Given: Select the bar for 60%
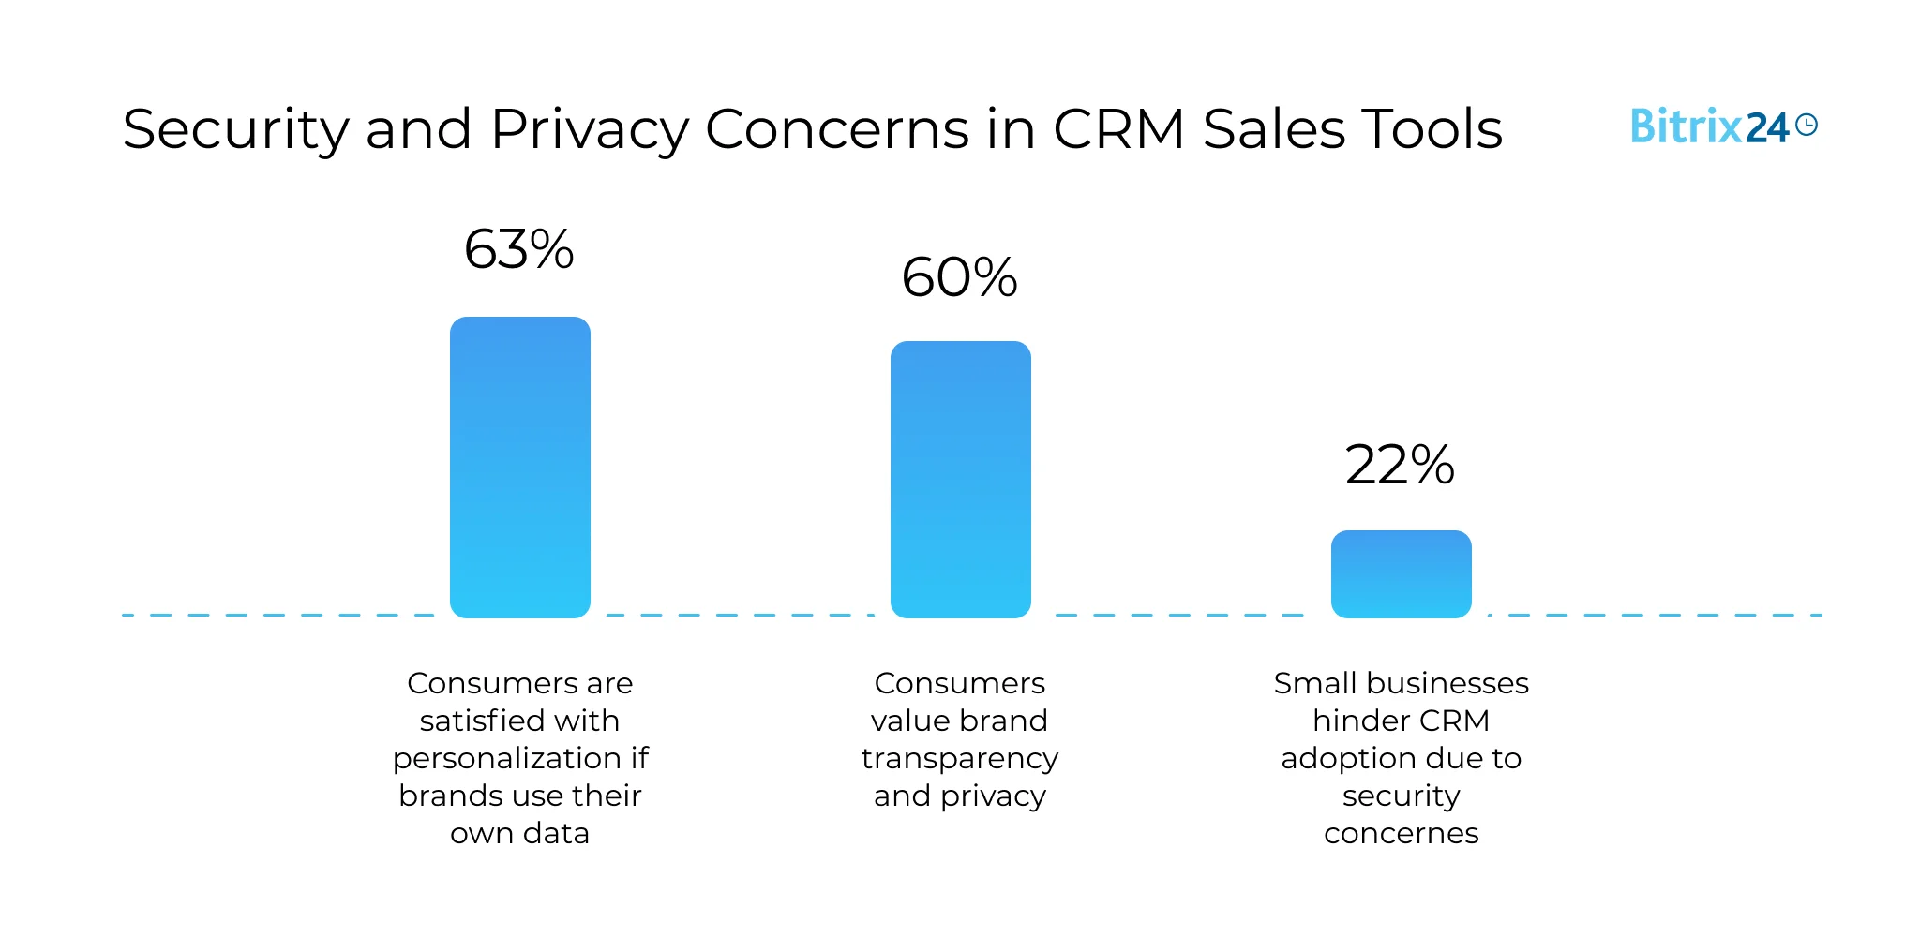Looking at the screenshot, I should [960, 479].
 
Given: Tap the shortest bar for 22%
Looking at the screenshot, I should [1401, 573].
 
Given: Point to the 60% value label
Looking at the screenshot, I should [959, 277].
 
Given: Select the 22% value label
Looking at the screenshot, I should [1400, 465].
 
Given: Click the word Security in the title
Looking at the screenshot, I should [235, 129].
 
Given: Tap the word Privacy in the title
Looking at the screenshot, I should [590, 129].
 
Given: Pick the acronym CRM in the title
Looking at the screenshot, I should [1118, 129].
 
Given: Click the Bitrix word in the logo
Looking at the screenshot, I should [1686, 126].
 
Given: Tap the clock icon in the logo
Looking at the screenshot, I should [1807, 125].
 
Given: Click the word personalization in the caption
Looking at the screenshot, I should [507, 758].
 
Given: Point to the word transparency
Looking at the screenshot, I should [960, 758].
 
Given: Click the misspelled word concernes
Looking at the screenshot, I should [1401, 833].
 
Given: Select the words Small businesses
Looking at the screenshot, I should [1401, 683].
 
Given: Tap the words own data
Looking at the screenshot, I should [519, 833].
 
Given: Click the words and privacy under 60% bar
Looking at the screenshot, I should [960, 796].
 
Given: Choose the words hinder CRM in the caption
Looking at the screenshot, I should [1401, 721].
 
